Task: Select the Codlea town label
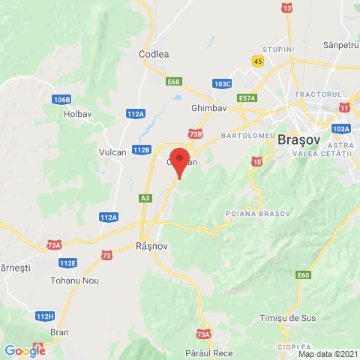(x=154, y=54)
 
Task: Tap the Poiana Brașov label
(x=257, y=214)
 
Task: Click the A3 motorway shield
(x=145, y=198)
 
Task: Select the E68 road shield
(x=174, y=81)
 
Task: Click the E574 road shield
(x=247, y=98)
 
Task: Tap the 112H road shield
(x=45, y=316)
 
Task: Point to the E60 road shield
(x=303, y=275)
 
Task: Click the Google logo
(x=25, y=350)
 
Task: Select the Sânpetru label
(x=339, y=46)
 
